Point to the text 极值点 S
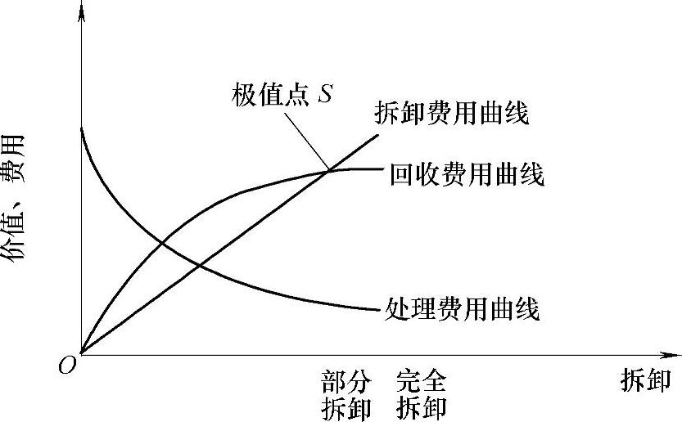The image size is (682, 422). [x=280, y=95]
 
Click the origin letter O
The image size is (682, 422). [x=67, y=366]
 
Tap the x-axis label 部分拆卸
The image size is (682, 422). [x=346, y=394]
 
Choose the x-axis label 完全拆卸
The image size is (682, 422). [x=421, y=394]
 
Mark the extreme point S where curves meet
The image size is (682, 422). [x=328, y=170]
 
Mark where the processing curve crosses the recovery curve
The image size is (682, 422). [x=160, y=241]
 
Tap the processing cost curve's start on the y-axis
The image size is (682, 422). [x=82, y=128]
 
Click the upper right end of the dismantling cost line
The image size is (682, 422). [x=378, y=133]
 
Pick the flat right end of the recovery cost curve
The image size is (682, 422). [x=382, y=168]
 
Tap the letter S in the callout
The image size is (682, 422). [x=325, y=95]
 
